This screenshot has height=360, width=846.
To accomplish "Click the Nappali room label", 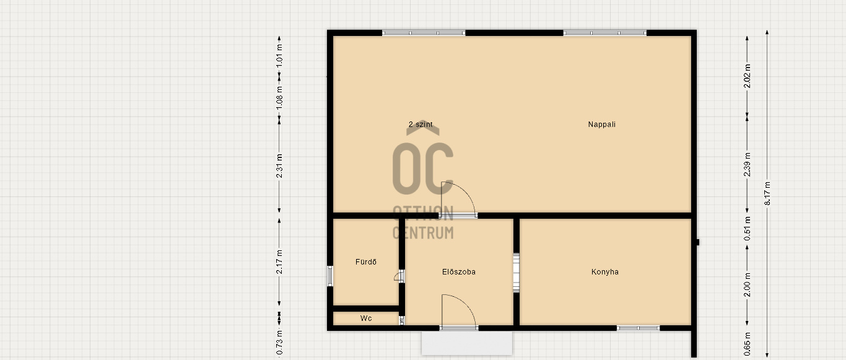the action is point(601,125).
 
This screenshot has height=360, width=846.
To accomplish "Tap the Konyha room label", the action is point(604,271).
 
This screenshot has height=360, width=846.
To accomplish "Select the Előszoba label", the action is point(458,271).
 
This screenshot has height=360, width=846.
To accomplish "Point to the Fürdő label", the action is point(365,261).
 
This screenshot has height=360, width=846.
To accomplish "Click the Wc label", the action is point(365,318).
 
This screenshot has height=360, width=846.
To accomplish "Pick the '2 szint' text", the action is point(421,125).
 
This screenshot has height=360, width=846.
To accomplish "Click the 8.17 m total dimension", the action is point(767,193).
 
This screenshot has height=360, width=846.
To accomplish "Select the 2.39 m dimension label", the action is point(747,164).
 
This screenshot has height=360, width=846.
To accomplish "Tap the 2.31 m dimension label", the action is point(279,166).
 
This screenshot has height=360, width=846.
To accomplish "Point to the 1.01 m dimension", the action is point(279,56).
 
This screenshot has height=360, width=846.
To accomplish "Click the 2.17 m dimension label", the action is point(279,261).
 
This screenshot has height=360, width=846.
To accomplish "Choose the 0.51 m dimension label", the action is point(747,229).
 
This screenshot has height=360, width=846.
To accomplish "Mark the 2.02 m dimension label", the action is point(747,76).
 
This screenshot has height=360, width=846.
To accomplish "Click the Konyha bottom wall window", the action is point(639,328).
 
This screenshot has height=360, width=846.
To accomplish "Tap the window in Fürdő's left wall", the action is point(330,276).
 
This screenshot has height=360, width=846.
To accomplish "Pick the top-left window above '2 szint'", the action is point(424,33).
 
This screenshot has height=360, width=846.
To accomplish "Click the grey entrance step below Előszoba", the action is point(467,343).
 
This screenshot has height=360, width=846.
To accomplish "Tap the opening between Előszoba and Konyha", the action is point(516,273).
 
